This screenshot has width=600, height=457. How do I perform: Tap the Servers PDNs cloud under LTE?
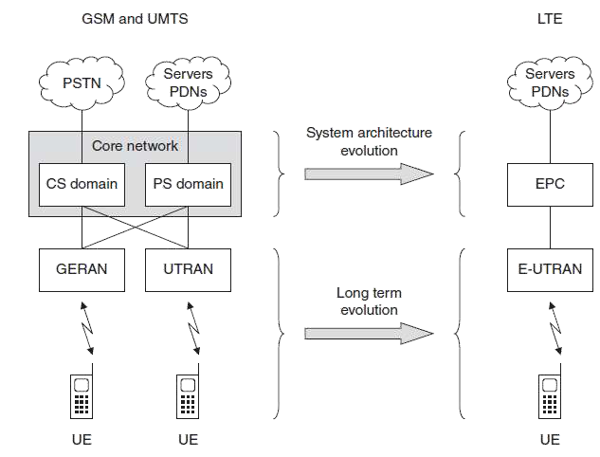point(550,83)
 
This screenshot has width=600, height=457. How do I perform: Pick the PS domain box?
point(188,183)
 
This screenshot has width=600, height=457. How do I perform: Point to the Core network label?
point(135,145)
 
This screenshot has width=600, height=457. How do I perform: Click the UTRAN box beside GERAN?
point(188,269)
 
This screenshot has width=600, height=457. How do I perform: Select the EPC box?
point(550,183)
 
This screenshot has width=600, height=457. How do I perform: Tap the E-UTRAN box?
point(550,269)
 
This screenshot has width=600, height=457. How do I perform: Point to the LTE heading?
point(550,17)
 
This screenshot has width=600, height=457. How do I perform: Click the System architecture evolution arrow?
point(368,174)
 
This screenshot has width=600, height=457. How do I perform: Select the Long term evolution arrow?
point(368,333)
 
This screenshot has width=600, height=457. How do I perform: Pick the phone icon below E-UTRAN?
point(550,395)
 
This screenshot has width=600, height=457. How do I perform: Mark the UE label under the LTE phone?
point(550,439)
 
